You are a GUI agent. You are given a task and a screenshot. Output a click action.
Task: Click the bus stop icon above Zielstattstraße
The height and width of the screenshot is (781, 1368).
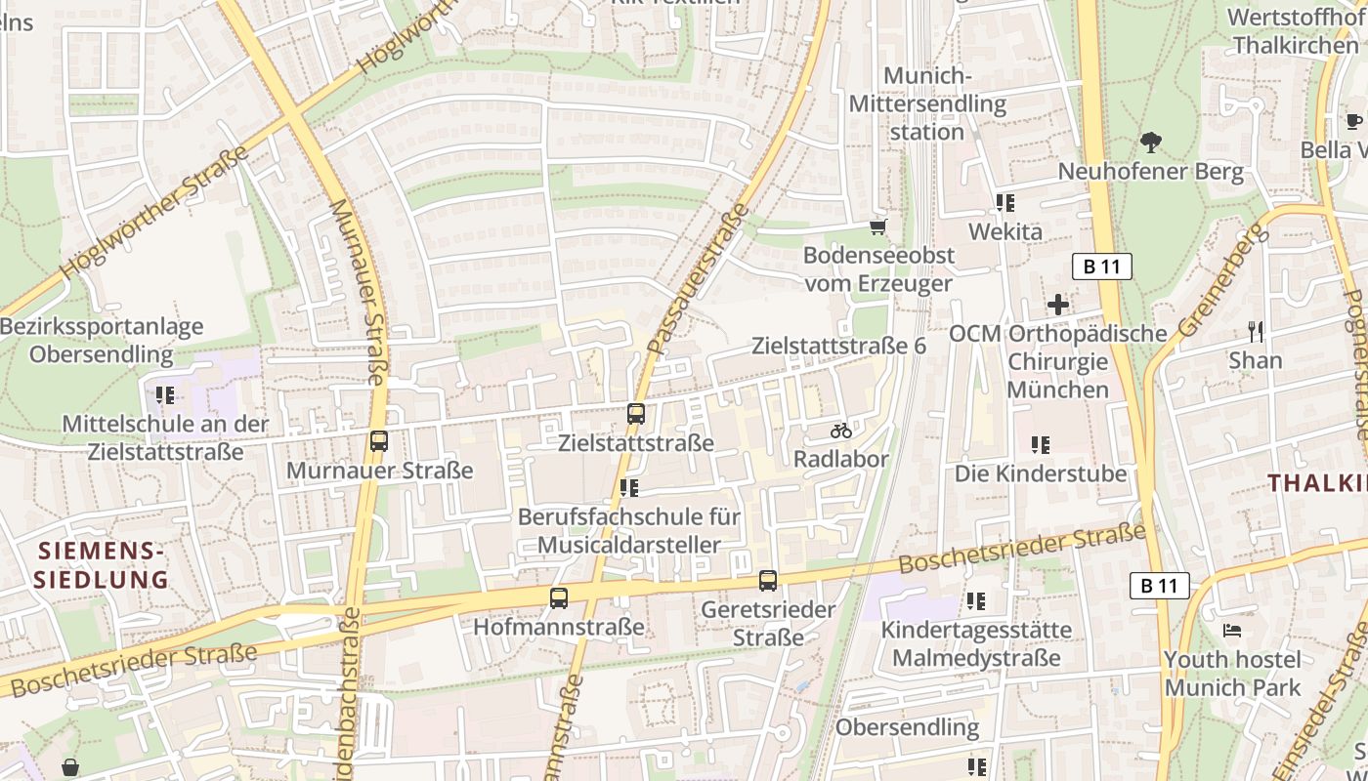tap(636, 414)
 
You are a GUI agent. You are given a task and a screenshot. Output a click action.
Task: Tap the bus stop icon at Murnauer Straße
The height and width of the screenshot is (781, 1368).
tap(379, 441)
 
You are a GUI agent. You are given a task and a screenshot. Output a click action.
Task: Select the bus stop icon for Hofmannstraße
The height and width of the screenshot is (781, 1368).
tap(559, 598)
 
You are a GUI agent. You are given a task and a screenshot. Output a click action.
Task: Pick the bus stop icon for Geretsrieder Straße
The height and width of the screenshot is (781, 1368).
tap(768, 581)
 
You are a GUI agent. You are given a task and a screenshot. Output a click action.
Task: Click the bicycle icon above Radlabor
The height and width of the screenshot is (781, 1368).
tap(841, 431)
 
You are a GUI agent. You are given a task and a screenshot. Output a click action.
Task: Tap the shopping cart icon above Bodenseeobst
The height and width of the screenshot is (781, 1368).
tap(877, 227)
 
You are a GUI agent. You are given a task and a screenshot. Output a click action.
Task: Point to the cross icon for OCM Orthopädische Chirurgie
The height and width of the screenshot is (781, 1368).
tap(1057, 305)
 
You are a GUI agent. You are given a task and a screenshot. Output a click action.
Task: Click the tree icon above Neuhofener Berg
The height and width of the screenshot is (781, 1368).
tap(1151, 143)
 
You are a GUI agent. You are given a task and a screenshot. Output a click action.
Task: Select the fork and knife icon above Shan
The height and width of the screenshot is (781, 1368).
tap(1256, 332)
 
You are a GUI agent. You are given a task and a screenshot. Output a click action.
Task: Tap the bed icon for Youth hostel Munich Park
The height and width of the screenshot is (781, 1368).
tap(1232, 631)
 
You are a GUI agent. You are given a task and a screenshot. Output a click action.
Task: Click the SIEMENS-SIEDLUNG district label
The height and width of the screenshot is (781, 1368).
tap(102, 565)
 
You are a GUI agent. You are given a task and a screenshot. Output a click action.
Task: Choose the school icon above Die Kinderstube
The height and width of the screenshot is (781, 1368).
tap(1041, 445)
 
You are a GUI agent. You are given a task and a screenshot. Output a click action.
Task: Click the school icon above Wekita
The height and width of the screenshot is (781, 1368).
tap(1005, 203)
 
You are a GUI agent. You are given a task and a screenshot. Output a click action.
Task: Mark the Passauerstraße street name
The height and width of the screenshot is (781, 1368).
tap(698, 279)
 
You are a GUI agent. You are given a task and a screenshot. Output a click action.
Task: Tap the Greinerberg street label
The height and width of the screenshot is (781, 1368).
tap(1220, 278)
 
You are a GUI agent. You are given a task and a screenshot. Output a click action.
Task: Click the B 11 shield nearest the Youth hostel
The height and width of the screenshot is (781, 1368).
tap(1159, 586)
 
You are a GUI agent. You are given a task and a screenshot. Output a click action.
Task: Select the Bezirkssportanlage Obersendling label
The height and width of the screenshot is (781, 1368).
tap(102, 340)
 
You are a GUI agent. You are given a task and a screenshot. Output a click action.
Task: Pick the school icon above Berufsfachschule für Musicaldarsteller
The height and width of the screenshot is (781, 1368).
tap(629, 487)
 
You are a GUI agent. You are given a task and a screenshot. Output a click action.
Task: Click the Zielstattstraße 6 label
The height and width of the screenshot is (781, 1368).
tap(838, 346)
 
